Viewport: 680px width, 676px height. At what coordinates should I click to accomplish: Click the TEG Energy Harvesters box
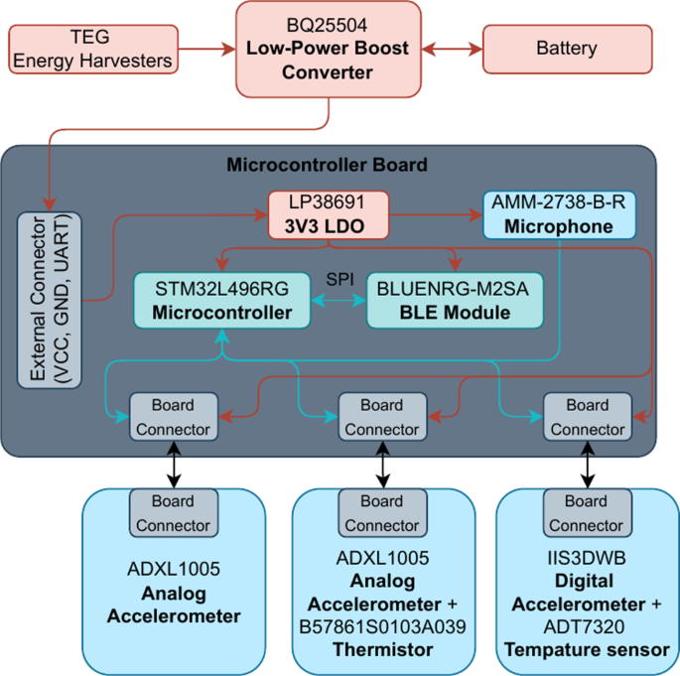[91, 49]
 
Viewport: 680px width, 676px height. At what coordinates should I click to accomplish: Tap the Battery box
[567, 49]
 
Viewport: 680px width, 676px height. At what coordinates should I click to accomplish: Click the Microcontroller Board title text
[328, 164]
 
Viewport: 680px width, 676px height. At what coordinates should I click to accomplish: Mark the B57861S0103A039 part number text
[382, 626]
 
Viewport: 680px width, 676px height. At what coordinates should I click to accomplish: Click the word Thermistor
[382, 649]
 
